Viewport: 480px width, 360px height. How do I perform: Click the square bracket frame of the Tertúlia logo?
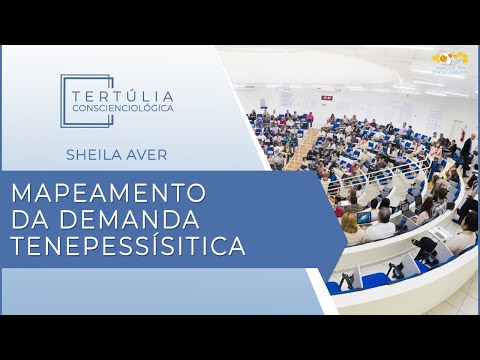[x=72, y=100]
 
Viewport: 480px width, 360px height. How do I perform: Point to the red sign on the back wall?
[x=326, y=97]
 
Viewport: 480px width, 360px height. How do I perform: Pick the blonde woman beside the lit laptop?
[x=351, y=228]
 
